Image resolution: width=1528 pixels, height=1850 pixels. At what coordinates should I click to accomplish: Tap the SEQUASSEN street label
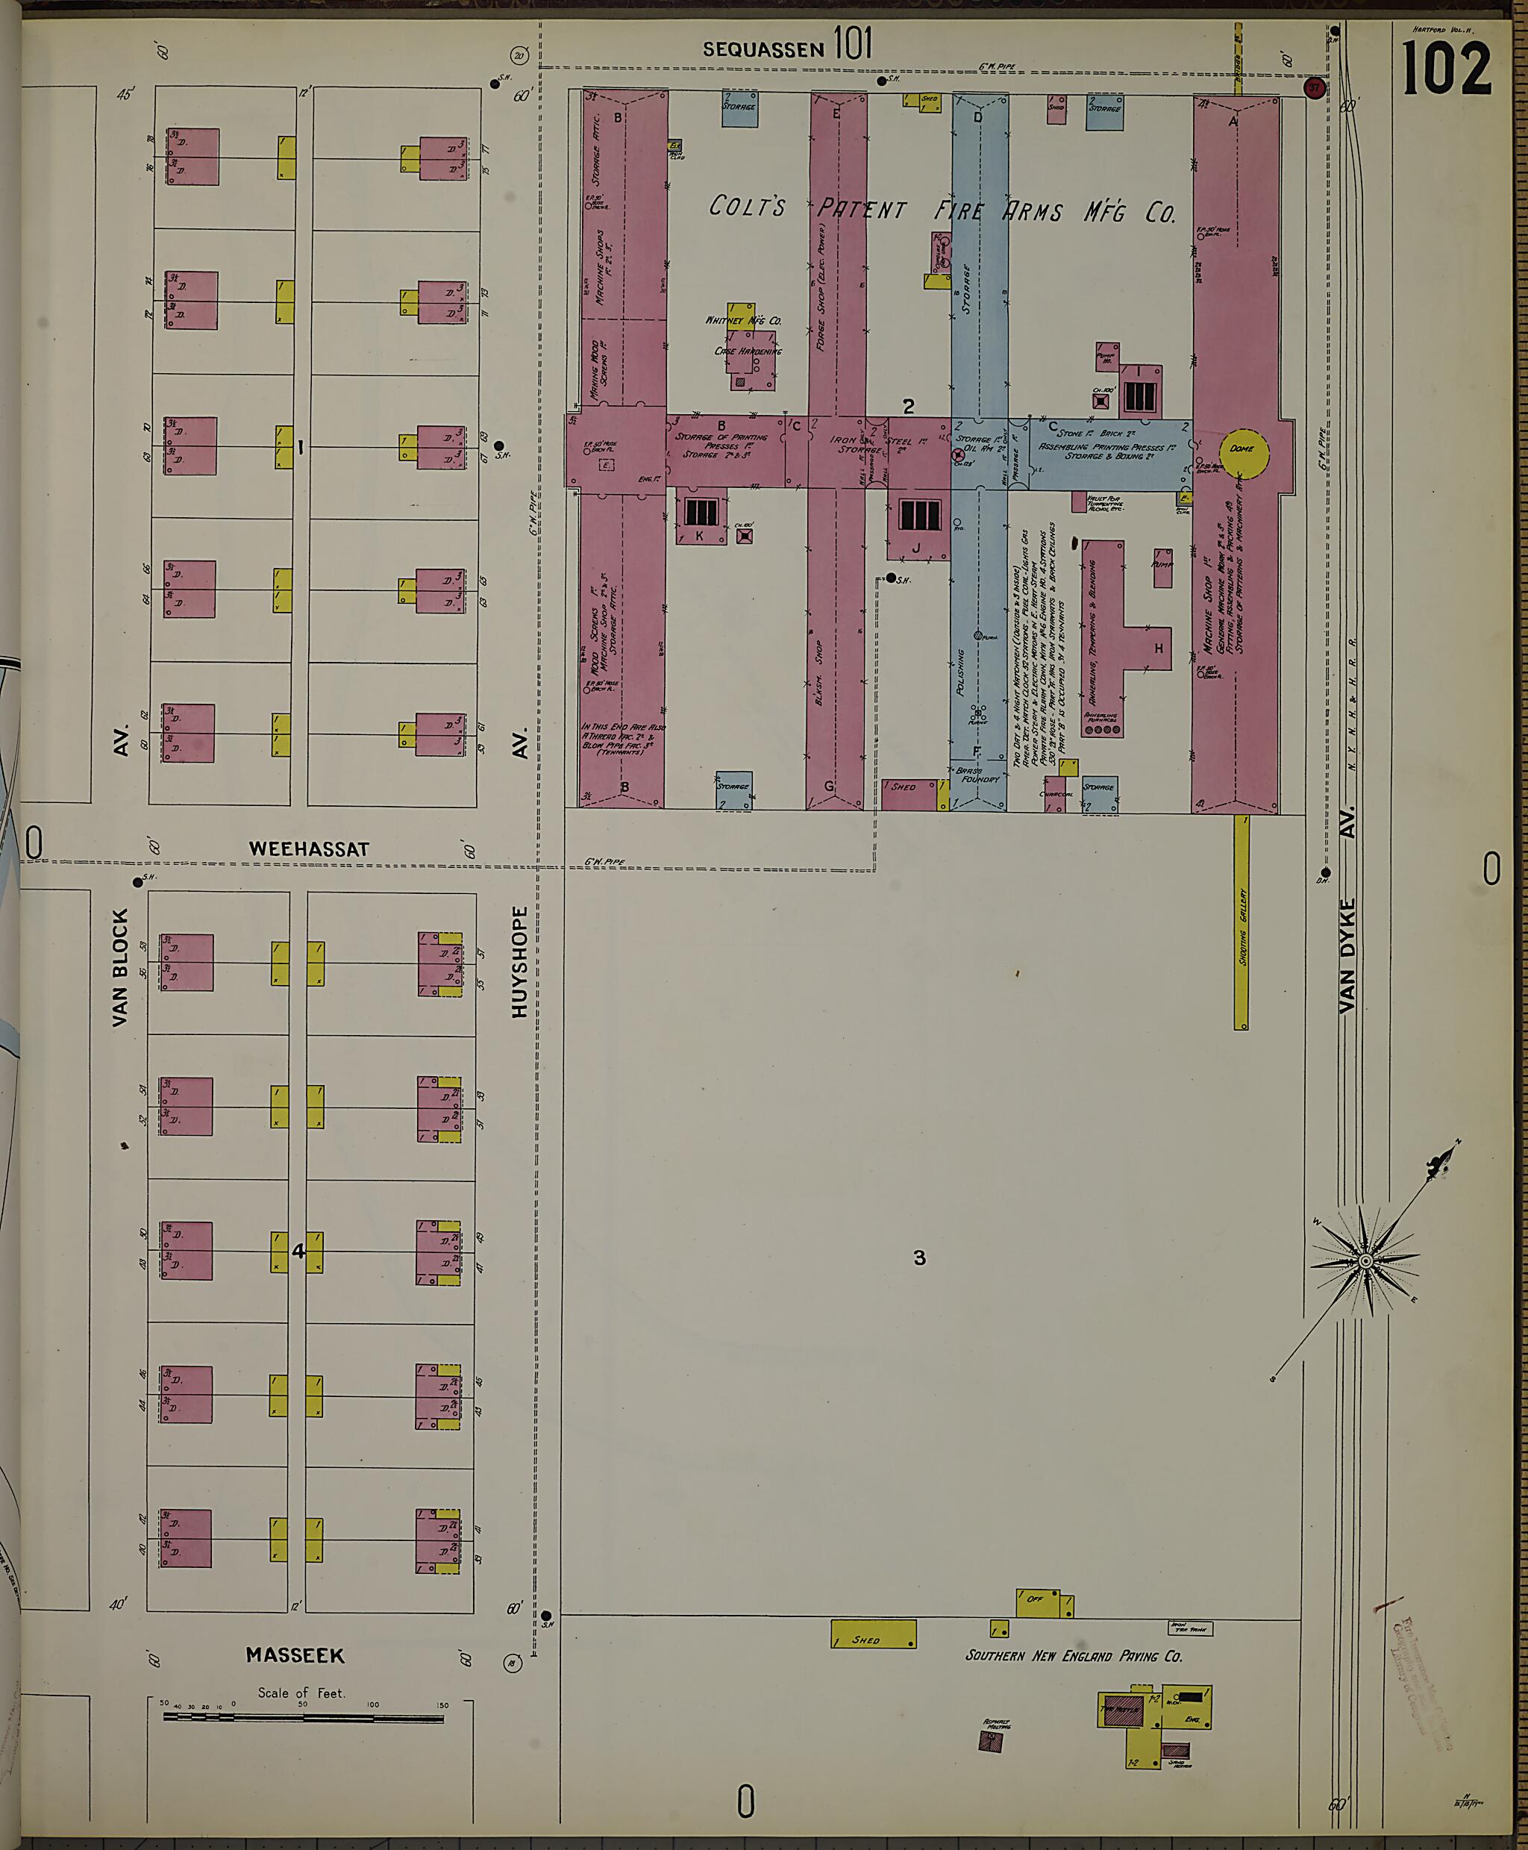(x=763, y=50)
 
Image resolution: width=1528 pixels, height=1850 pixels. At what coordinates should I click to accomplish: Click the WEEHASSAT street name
(x=309, y=849)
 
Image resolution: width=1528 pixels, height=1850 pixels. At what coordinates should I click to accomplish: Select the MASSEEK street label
(x=295, y=1655)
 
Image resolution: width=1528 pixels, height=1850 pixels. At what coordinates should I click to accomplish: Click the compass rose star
(x=1365, y=1262)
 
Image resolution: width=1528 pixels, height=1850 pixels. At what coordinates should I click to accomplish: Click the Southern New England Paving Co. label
(x=1073, y=1655)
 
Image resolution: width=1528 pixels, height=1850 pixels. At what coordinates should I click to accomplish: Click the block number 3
(x=919, y=1258)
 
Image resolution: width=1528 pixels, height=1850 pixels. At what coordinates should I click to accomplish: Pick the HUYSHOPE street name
(x=519, y=961)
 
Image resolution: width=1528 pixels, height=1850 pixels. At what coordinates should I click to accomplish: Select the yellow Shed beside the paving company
(x=873, y=1634)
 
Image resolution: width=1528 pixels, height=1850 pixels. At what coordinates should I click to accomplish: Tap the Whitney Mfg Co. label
(x=743, y=320)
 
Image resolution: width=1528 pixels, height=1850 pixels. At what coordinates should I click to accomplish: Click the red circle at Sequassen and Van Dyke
(x=1314, y=88)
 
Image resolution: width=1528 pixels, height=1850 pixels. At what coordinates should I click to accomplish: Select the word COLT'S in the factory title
(x=748, y=207)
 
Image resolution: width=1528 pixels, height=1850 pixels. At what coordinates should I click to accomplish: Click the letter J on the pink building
(x=916, y=548)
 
